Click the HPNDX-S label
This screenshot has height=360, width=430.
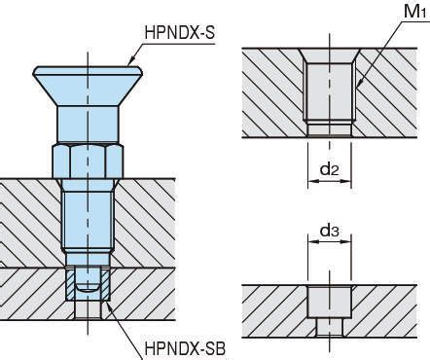(180, 32)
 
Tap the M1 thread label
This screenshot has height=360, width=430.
(415, 12)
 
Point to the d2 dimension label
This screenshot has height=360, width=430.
(329, 169)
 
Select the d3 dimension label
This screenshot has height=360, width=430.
(329, 231)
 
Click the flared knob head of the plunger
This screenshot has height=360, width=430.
(88, 86)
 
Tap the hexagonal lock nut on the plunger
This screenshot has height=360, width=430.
(88, 162)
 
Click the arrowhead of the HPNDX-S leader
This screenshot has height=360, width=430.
(130, 61)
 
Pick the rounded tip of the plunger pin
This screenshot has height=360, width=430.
(88, 287)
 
